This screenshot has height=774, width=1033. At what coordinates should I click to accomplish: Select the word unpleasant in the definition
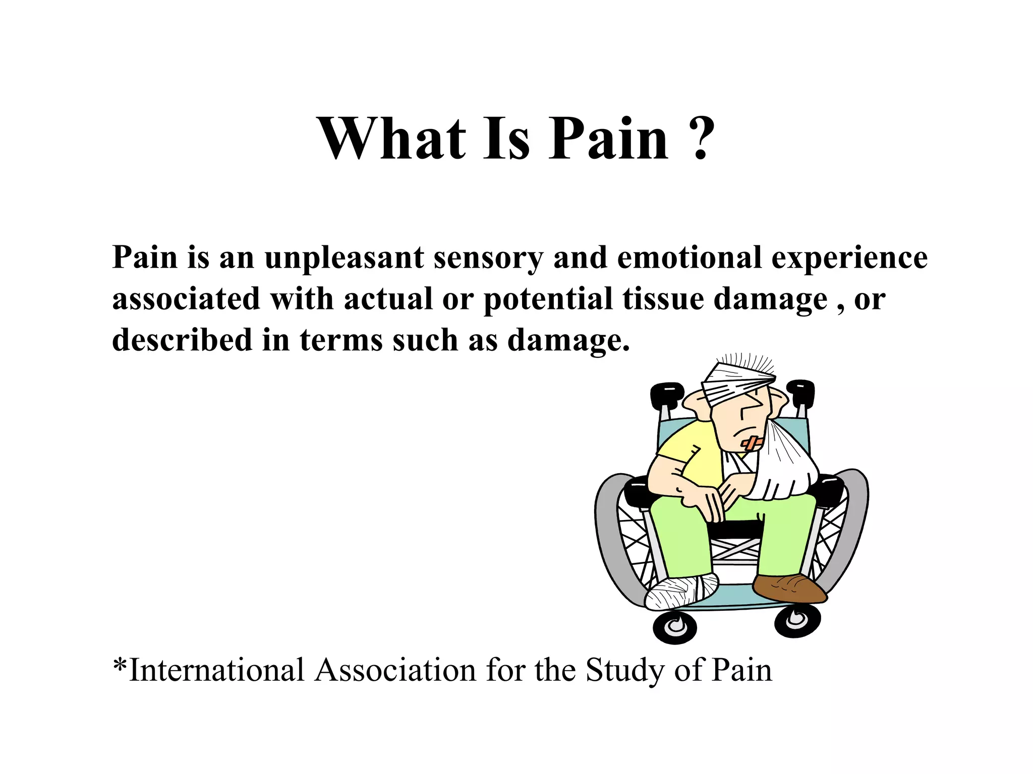343,257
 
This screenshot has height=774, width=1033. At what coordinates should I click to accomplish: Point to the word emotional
688,257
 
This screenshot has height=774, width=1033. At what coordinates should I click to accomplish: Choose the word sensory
488,259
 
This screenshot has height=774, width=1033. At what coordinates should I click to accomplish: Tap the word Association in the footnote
395,671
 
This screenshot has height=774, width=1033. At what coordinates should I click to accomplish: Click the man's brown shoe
789,588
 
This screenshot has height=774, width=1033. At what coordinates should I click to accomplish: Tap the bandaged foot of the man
681,593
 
